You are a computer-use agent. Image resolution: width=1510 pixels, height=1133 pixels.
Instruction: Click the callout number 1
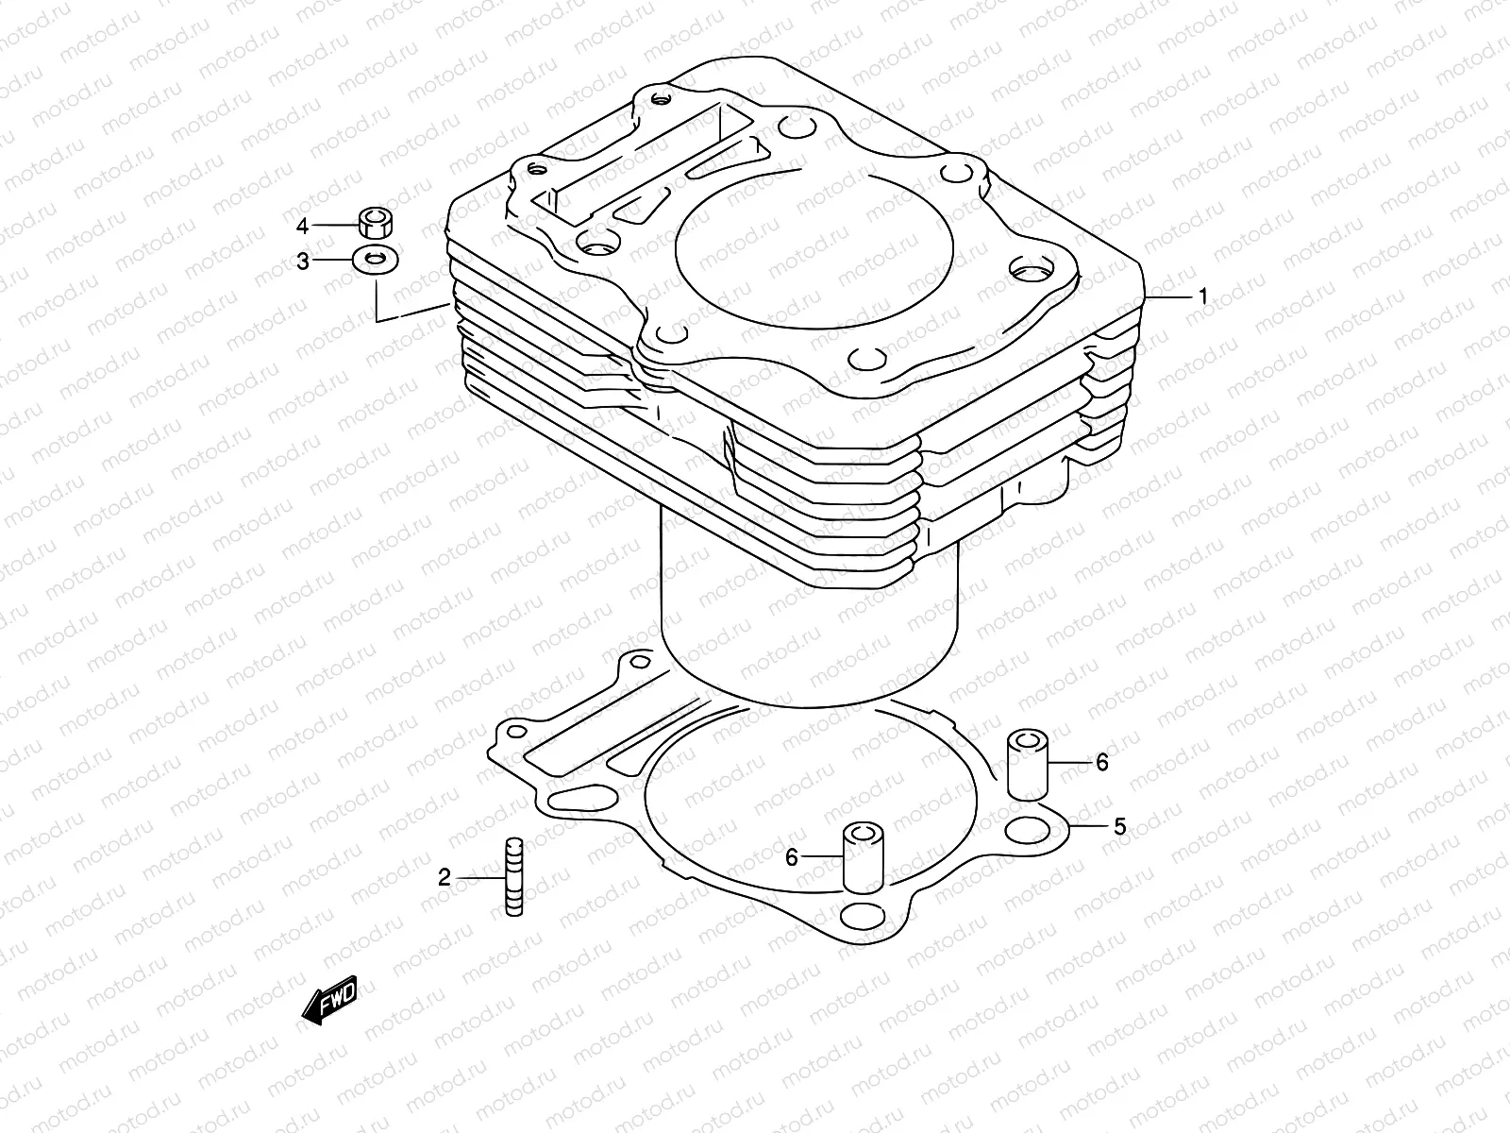pyautogui.click(x=1202, y=296)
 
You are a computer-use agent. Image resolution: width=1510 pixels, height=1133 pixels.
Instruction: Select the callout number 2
pyautogui.click(x=445, y=878)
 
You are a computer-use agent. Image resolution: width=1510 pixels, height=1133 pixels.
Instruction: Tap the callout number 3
pyautogui.click(x=303, y=262)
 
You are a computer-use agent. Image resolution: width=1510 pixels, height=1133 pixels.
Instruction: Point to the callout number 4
pyautogui.click(x=303, y=226)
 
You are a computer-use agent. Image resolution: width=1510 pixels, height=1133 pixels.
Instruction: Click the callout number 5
pyautogui.click(x=1119, y=827)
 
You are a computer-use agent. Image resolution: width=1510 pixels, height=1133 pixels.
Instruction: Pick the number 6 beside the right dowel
pyautogui.click(x=1102, y=762)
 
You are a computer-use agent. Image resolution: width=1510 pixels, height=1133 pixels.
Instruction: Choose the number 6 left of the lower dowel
pyautogui.click(x=792, y=856)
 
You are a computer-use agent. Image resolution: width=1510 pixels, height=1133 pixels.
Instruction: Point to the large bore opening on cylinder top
pyautogui.click(x=814, y=248)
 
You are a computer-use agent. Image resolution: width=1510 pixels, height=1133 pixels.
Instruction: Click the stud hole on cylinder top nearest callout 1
pyautogui.click(x=1032, y=269)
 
